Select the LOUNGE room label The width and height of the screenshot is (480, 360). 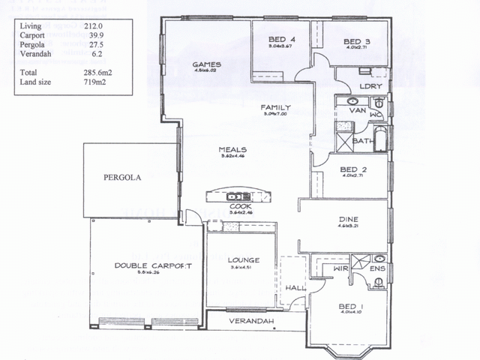242,259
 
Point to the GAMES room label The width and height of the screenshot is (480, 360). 205,64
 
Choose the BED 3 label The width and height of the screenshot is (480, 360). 357,41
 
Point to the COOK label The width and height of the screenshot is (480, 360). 240,205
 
